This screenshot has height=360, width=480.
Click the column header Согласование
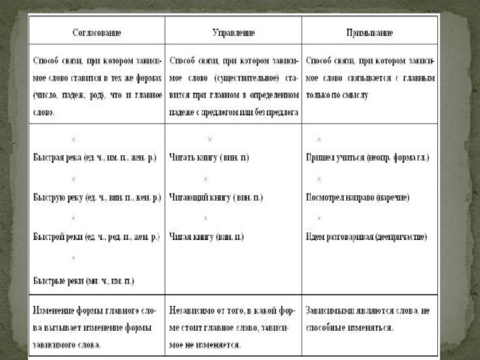tap(97, 34)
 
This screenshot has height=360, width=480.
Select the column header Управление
tap(234, 34)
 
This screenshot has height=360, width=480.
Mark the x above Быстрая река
tap(73, 139)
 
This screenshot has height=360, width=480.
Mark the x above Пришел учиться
tap(319, 139)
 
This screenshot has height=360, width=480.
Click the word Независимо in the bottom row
tap(195, 309)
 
